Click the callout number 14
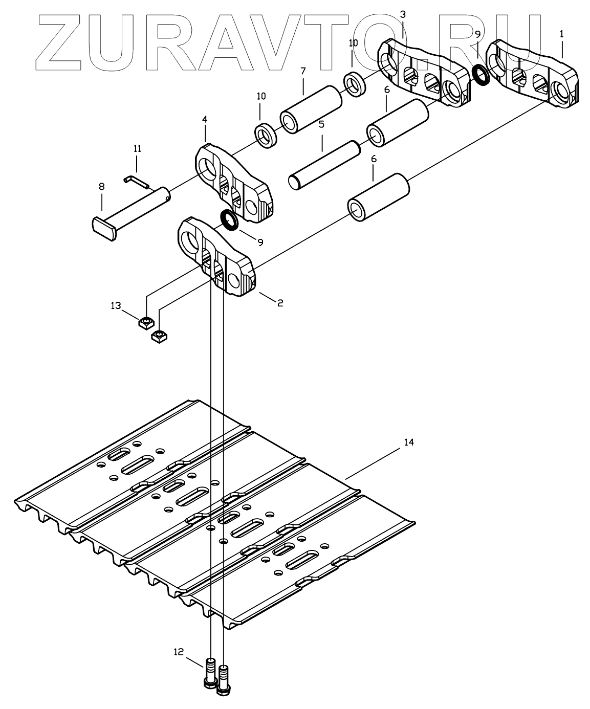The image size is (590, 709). point(408,442)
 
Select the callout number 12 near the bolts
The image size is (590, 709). point(178,651)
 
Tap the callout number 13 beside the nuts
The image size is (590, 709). point(116,305)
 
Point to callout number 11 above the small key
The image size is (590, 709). point(137,148)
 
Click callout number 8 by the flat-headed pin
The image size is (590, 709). point(101,187)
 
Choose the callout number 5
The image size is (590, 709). point(321,124)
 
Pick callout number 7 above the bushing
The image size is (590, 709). point(303,70)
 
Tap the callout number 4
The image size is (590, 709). point(205,119)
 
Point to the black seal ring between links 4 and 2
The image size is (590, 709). point(228,220)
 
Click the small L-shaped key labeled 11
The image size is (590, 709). point(134,180)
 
